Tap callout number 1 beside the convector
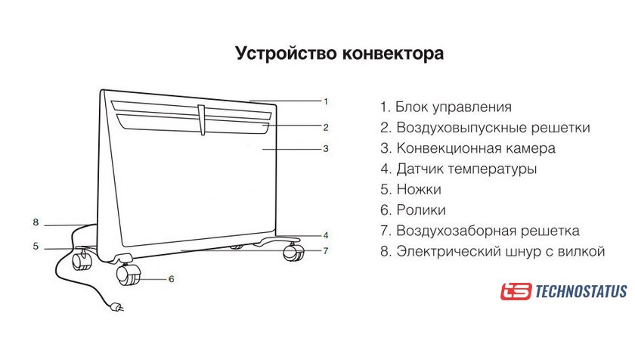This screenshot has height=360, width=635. pyautogui.click(x=326, y=101)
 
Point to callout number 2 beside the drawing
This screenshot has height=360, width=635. pyautogui.click(x=326, y=126)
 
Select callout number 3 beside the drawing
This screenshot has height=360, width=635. pyautogui.click(x=326, y=148)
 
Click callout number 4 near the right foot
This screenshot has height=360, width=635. pyautogui.click(x=326, y=234)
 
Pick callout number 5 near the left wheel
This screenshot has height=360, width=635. pyautogui.click(x=35, y=246)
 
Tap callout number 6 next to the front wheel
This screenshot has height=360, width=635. pyautogui.click(x=171, y=279)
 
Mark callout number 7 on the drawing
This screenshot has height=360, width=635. pyautogui.click(x=326, y=250)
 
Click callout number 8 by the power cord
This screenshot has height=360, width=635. pyautogui.click(x=35, y=222)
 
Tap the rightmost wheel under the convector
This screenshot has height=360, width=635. pyautogui.click(x=292, y=253)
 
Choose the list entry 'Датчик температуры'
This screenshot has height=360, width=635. pyautogui.click(x=458, y=169)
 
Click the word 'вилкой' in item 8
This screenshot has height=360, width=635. pyautogui.click(x=582, y=251)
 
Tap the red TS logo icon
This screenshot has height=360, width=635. pyautogui.click(x=516, y=291)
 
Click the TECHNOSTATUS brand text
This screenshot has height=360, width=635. pyautogui.click(x=581, y=291)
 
